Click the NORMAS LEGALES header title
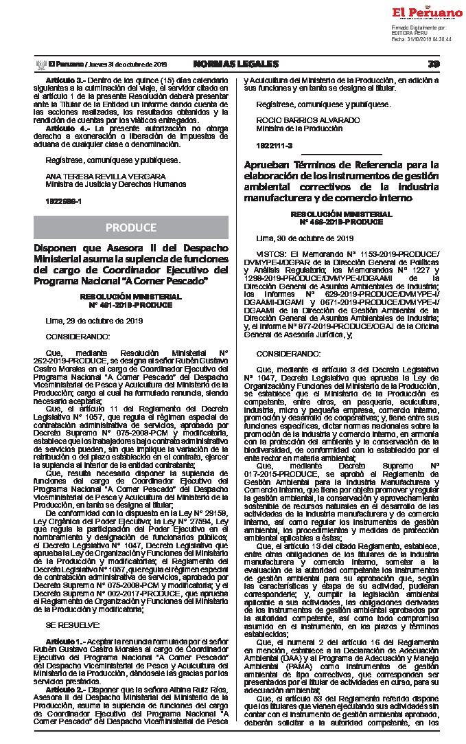235,64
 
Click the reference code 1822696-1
63,201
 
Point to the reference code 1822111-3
274,146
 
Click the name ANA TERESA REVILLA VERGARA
93,177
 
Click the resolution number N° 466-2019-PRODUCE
341,221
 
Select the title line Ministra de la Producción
294,128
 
